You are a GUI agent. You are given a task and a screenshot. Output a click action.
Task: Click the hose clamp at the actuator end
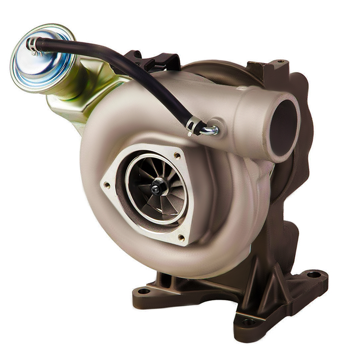coord(33,46)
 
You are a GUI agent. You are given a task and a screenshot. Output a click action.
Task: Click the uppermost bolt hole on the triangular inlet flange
coord(178,155)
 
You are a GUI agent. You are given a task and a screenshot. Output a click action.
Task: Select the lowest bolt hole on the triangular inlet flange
coord(181,238)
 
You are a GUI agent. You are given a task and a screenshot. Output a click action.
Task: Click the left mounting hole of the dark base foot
coord(144,291)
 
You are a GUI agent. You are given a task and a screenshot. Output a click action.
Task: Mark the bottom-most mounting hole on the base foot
coord(249,321)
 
